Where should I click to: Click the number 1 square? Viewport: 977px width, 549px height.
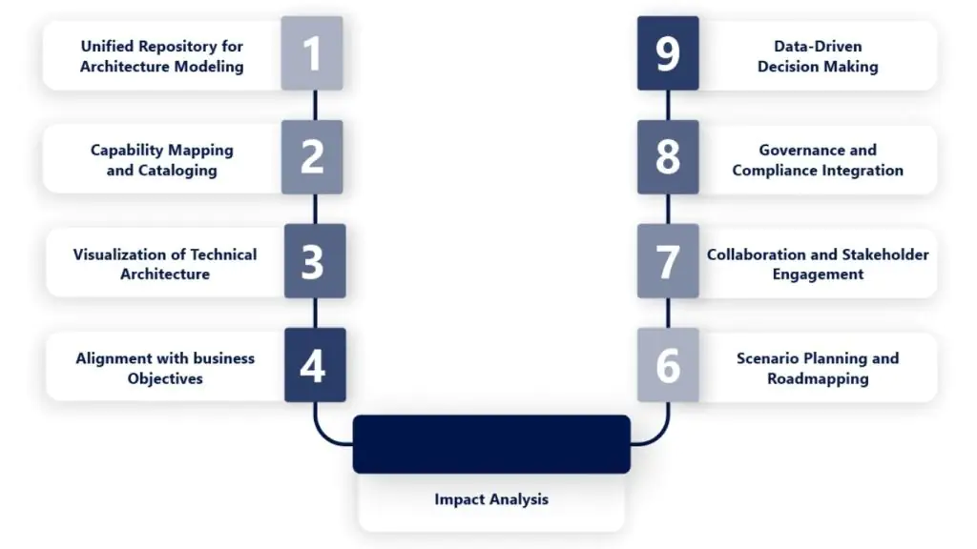click(312, 54)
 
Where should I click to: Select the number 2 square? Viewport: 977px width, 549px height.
click(312, 157)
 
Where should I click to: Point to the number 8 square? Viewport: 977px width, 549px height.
click(668, 157)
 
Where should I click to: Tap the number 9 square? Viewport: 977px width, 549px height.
click(668, 54)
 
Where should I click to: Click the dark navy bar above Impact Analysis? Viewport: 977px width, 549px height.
click(491, 444)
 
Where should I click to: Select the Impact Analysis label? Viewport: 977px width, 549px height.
click(491, 498)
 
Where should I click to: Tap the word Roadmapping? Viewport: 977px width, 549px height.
click(818, 378)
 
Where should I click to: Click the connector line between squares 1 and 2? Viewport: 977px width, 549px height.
click(314, 106)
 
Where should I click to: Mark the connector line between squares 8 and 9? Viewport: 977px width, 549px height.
click(668, 106)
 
